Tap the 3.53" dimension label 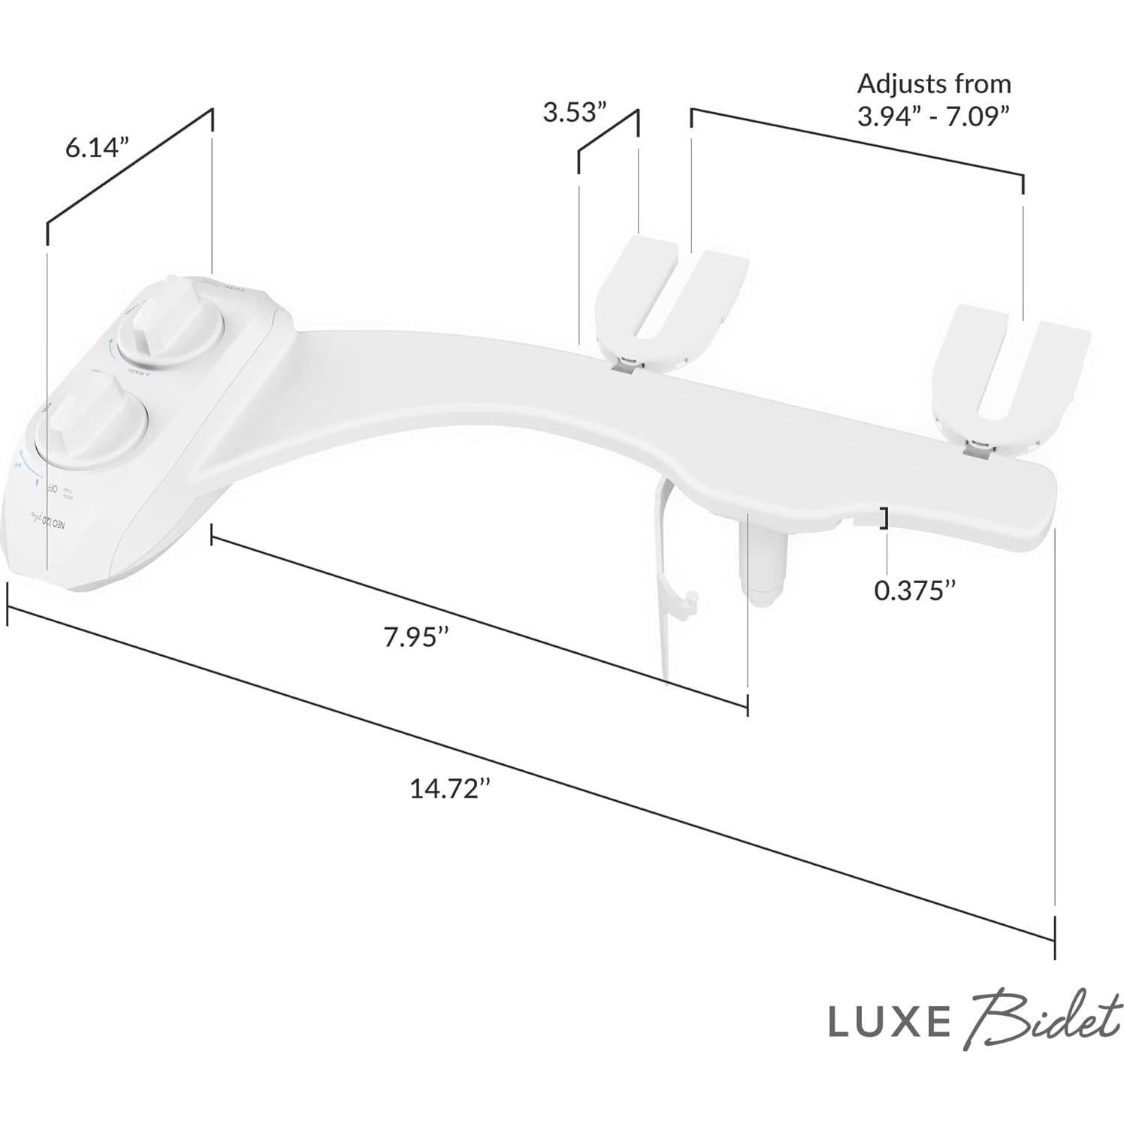pyautogui.click(x=574, y=113)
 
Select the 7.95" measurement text pyautogui.click(x=415, y=637)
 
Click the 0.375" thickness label pyautogui.click(x=914, y=591)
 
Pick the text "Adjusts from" pyautogui.click(x=934, y=83)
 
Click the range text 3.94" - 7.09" pyautogui.click(x=933, y=117)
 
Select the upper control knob pyautogui.click(x=171, y=325)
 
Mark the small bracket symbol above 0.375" pyautogui.click(x=884, y=519)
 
